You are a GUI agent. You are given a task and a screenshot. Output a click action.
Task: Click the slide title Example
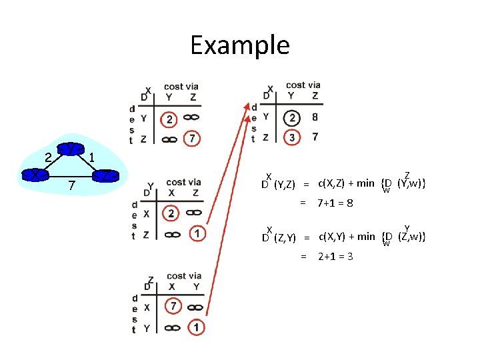coord(240,45)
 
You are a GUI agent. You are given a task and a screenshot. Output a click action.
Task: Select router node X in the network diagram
coord(33,175)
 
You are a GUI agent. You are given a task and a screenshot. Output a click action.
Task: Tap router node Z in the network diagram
coord(105,177)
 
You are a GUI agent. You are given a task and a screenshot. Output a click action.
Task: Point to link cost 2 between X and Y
coord(48,157)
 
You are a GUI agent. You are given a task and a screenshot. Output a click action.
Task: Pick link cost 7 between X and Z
coord(71,184)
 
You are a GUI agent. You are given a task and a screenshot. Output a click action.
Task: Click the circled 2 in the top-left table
coord(170,120)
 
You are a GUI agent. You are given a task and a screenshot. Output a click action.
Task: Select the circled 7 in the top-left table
coord(192,139)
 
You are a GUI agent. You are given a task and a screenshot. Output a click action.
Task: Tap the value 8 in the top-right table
coord(315,117)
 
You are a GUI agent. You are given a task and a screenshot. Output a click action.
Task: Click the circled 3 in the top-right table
coord(291,137)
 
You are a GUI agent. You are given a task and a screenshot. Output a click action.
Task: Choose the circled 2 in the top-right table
coord(291,118)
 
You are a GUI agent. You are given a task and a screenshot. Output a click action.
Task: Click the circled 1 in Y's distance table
coord(197,233)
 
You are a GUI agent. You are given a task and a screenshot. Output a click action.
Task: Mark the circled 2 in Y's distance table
coord(171,214)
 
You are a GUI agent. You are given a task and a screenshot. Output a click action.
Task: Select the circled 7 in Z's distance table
coord(172,307)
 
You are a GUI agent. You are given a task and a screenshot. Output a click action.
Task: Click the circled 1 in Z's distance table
coord(196,327)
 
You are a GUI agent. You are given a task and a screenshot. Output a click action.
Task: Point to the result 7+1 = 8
coord(335,203)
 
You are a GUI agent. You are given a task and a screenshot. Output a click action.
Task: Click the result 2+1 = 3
coord(335,257)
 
